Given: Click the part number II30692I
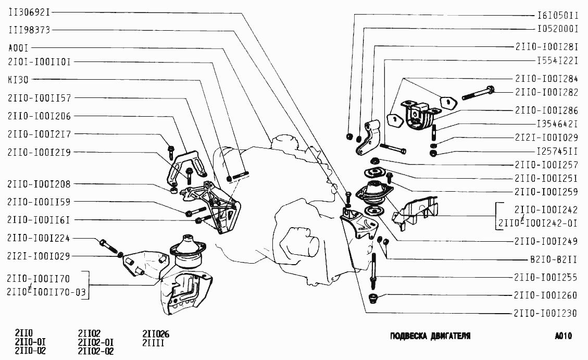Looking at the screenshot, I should tap(29, 12).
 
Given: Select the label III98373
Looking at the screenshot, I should tap(29, 30).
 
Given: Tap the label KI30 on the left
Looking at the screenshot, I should tap(18, 80).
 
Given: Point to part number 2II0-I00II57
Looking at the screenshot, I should tap(40, 97).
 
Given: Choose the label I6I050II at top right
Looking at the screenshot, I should tap(558, 16).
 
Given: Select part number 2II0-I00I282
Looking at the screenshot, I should tap(547, 92).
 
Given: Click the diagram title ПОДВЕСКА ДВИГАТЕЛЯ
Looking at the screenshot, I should tap(430, 336).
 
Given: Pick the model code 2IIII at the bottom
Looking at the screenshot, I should tap(154, 342).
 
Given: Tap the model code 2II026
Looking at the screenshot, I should tap(156, 334).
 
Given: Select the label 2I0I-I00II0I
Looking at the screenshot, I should tap(40, 61).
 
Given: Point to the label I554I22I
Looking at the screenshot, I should tap(558, 60).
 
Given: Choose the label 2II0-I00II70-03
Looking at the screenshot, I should tap(46, 293).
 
